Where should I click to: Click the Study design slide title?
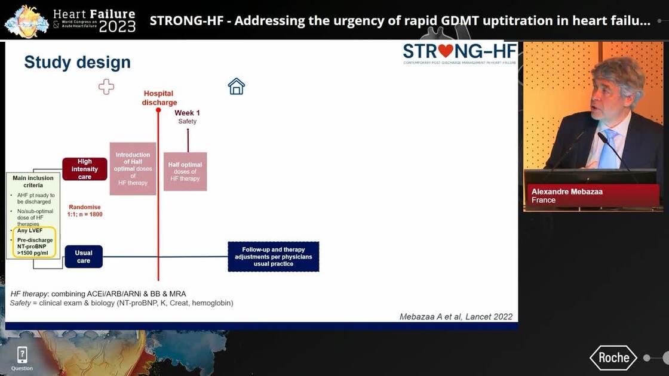(x=77, y=62)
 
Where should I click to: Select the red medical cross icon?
(x=106, y=87)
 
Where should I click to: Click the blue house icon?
(x=237, y=87)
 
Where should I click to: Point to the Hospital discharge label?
(x=159, y=98)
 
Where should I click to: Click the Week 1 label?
(x=187, y=113)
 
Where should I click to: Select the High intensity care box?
(x=85, y=169)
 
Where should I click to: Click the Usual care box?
(x=84, y=257)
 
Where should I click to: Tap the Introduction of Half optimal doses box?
(x=133, y=168)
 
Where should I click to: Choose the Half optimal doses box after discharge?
(x=185, y=171)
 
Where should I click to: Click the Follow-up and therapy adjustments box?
(x=274, y=257)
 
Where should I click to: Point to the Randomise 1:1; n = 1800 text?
(x=85, y=210)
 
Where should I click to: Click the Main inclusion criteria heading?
(x=33, y=181)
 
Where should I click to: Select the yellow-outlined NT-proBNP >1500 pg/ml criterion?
(x=35, y=244)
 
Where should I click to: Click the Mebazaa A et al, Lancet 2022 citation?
(x=456, y=317)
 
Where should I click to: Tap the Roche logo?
(x=613, y=357)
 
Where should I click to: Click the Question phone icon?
(x=22, y=355)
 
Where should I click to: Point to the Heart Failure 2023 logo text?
(x=94, y=20)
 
